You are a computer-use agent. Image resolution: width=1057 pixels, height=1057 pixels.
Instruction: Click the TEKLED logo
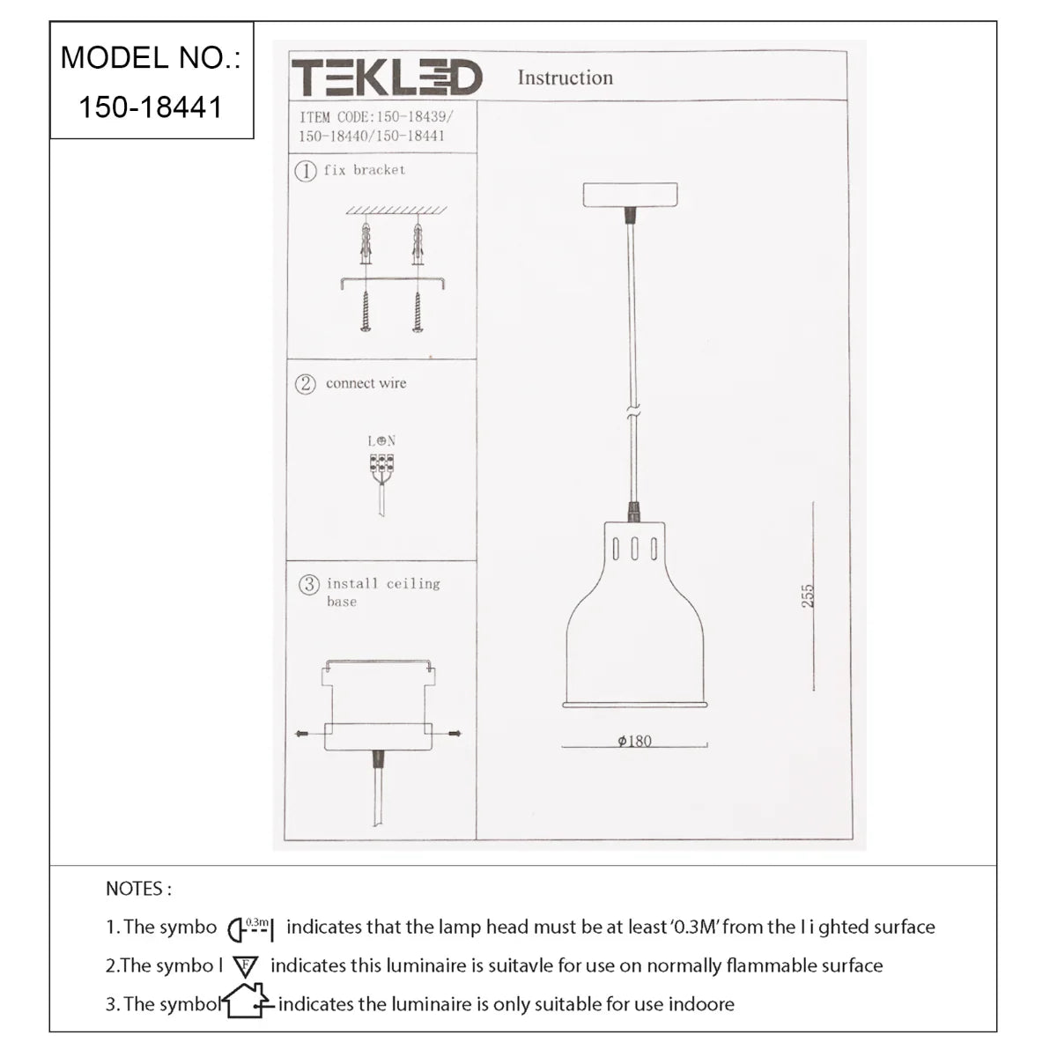[x=387, y=78]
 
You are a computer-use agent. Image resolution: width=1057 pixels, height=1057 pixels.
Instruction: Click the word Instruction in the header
[x=565, y=78]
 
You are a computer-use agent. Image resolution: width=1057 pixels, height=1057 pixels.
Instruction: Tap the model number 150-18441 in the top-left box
[x=151, y=107]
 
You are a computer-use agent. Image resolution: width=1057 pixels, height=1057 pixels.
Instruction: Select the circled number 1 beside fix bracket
[x=305, y=171]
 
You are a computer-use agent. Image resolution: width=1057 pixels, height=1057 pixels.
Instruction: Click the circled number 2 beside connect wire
[x=305, y=384]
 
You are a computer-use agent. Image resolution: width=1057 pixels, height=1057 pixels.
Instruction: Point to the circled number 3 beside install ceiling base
[x=308, y=584]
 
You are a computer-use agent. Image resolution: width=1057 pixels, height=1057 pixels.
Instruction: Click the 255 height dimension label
[x=808, y=595]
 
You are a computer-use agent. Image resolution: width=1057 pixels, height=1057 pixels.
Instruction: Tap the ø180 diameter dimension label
[x=634, y=741]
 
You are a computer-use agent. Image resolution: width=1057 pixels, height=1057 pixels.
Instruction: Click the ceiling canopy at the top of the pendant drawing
[x=630, y=195]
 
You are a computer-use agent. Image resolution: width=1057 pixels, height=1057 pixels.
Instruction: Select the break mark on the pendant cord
[x=632, y=411]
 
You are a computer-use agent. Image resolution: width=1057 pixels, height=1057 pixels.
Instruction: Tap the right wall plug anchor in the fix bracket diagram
[x=417, y=244]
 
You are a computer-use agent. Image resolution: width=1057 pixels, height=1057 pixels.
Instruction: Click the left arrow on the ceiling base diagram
[x=301, y=733]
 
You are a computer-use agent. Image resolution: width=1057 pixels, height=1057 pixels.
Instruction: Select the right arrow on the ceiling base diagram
[x=455, y=733]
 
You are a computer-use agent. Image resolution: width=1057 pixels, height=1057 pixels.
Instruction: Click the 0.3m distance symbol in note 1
[x=252, y=928]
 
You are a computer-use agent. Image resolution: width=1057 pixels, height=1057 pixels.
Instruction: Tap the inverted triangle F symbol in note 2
[x=245, y=966]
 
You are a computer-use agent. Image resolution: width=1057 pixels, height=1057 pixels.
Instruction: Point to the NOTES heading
[x=138, y=889]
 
